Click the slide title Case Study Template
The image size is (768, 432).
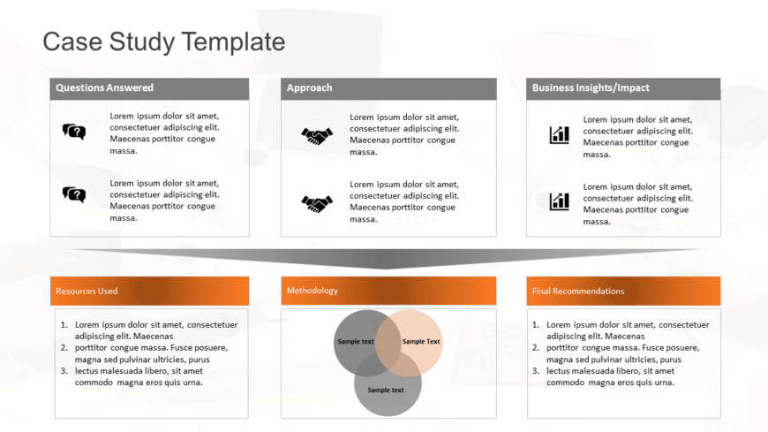tap(164, 42)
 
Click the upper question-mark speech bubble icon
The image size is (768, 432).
tap(74, 132)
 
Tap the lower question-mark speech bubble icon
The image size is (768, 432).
tap(74, 194)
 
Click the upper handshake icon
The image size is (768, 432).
tap(317, 135)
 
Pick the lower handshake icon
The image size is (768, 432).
tap(317, 203)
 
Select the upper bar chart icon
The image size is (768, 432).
tap(560, 135)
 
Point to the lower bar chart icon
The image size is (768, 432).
tap(560, 201)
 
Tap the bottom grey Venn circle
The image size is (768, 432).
tap(388, 393)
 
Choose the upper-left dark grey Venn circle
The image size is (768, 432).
tap(352, 337)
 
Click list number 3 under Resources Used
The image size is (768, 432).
tap(64, 371)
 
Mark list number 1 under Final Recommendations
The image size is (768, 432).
tap(538, 325)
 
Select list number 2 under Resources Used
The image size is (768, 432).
tap(64, 348)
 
